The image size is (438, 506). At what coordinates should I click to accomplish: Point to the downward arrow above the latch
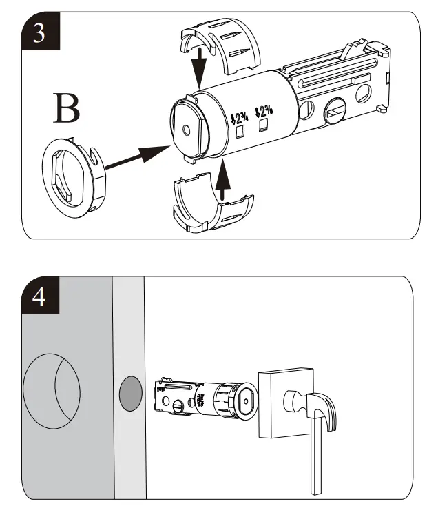[199, 70]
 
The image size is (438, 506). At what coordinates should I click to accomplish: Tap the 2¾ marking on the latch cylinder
[240, 113]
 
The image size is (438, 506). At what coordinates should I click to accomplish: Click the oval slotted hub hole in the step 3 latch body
[337, 109]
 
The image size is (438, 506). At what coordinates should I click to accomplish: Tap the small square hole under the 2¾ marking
[241, 130]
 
